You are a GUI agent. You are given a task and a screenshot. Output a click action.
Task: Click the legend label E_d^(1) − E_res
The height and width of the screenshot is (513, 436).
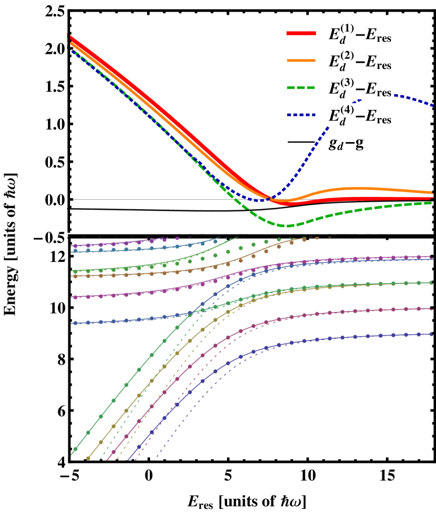(x=360, y=34)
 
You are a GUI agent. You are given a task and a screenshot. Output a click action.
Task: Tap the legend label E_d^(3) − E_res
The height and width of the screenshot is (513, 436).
(x=360, y=88)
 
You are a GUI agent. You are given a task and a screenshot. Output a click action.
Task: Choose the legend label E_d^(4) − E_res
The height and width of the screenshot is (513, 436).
(x=360, y=115)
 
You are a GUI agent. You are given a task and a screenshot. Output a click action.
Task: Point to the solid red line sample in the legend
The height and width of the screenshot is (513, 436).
(x=301, y=34)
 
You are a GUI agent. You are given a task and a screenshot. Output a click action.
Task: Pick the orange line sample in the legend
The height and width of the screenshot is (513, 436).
(x=301, y=61)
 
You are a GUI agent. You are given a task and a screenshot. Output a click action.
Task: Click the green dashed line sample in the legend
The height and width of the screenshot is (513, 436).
(x=301, y=88)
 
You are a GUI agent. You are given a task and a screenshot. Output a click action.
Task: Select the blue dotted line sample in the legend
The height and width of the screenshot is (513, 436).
(x=301, y=115)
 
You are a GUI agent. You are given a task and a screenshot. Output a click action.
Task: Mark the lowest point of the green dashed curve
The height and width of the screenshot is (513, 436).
(x=286, y=226)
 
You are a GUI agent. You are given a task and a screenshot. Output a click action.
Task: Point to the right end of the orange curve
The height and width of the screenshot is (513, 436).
(x=432, y=192)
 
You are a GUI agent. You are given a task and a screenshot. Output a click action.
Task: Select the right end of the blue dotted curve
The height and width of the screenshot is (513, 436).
(x=432, y=106)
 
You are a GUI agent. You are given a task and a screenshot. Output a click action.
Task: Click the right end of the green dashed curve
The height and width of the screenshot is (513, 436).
(x=432, y=203)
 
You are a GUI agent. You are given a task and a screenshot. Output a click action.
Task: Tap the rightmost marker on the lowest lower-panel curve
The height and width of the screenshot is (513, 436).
(x=431, y=334)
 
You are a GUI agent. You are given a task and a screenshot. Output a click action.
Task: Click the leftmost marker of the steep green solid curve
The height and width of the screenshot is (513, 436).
(x=75, y=449)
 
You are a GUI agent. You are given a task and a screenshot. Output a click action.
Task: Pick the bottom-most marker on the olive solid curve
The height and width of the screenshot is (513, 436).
(x=88, y=458)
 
